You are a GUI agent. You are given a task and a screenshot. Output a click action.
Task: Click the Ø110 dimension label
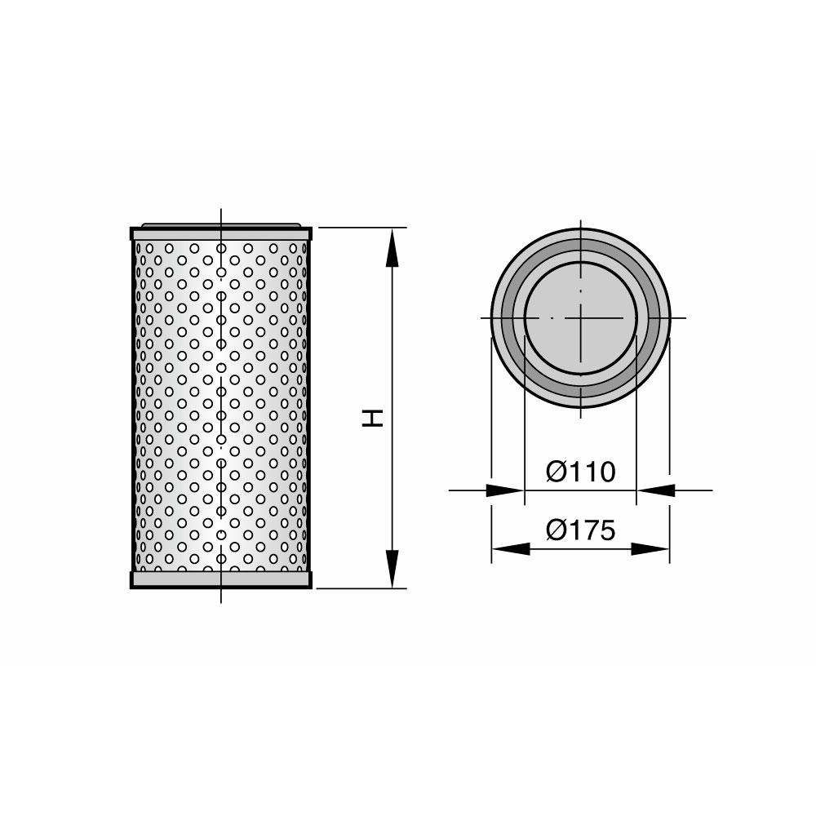click(580, 472)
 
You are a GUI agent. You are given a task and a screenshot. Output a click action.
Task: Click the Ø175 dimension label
click(580, 530)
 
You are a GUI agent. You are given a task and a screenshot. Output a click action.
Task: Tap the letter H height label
click(373, 419)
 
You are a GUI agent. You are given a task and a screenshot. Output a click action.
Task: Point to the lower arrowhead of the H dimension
click(392, 569)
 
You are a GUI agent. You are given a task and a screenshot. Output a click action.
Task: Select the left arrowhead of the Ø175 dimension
click(511, 548)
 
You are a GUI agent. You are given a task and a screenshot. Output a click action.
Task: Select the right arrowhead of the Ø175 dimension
click(650, 548)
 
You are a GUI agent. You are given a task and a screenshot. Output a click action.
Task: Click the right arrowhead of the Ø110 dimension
click(656, 490)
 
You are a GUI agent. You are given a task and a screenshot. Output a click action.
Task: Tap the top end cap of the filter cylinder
click(221, 233)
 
